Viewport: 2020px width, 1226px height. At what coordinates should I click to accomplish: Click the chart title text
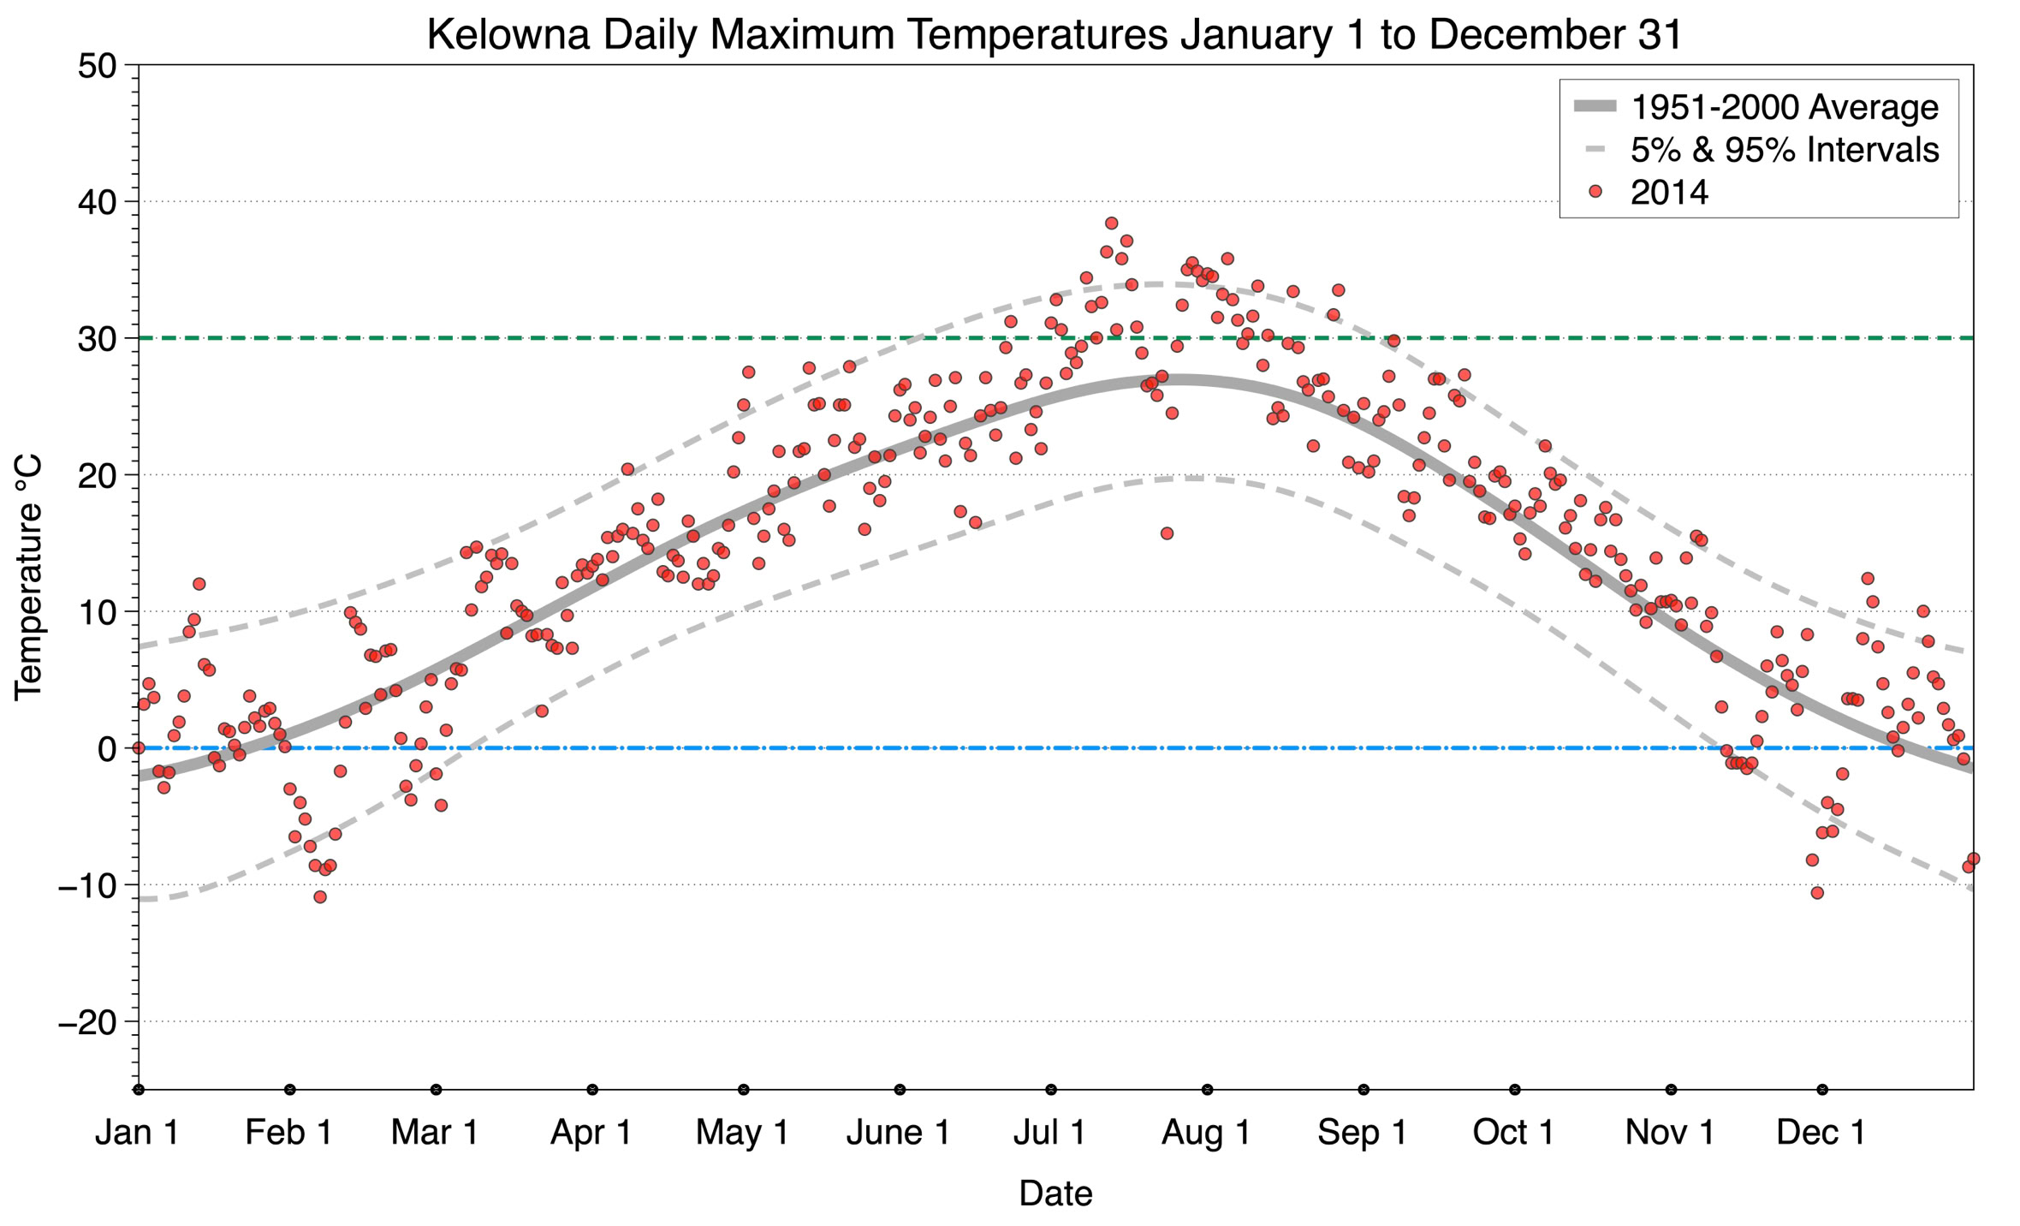(1055, 34)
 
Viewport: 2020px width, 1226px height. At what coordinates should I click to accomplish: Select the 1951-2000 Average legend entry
(1784, 107)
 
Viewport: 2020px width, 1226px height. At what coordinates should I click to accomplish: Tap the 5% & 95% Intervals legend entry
(1784, 150)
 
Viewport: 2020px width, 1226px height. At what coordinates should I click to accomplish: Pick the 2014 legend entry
(1668, 192)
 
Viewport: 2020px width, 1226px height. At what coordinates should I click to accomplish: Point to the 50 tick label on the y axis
(96, 66)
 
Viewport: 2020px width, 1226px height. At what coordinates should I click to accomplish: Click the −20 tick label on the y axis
(87, 1022)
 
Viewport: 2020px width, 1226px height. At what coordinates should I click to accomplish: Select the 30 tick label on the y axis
(96, 339)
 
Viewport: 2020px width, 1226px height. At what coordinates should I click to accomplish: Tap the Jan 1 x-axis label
(137, 1133)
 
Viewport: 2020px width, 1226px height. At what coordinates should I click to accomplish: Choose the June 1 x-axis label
(898, 1133)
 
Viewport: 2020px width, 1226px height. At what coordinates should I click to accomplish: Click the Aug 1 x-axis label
(1205, 1133)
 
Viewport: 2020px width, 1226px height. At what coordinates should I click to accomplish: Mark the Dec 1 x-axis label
(1821, 1133)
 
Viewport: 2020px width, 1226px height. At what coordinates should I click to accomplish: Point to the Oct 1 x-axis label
(1513, 1133)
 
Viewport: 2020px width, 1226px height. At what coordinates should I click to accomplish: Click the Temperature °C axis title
(27, 577)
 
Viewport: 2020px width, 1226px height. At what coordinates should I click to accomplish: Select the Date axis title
(1055, 1193)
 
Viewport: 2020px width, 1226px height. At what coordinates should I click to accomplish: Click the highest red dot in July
(1111, 223)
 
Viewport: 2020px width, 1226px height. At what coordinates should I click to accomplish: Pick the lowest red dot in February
(320, 897)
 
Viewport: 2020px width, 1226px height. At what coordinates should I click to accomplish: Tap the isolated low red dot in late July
(1167, 533)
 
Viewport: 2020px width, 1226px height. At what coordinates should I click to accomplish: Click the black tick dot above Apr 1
(592, 1090)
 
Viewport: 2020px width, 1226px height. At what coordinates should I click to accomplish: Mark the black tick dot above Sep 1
(1363, 1090)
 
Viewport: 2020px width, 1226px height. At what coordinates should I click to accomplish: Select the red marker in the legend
(1595, 192)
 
